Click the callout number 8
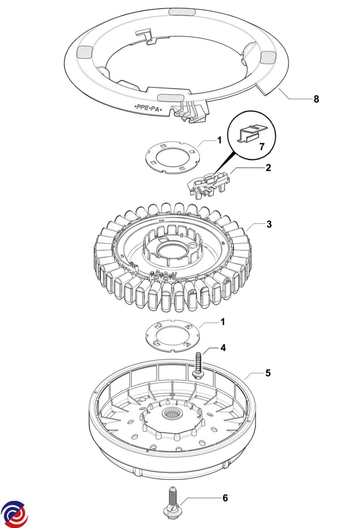coord(316,99)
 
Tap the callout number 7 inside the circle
coord(262,146)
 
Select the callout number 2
coord(268,168)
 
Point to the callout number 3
coord(268,224)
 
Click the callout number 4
coord(223,348)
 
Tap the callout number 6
coord(225,498)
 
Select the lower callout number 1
coord(223,322)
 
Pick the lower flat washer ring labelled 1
coord(173,336)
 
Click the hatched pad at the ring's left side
coord(84,52)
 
